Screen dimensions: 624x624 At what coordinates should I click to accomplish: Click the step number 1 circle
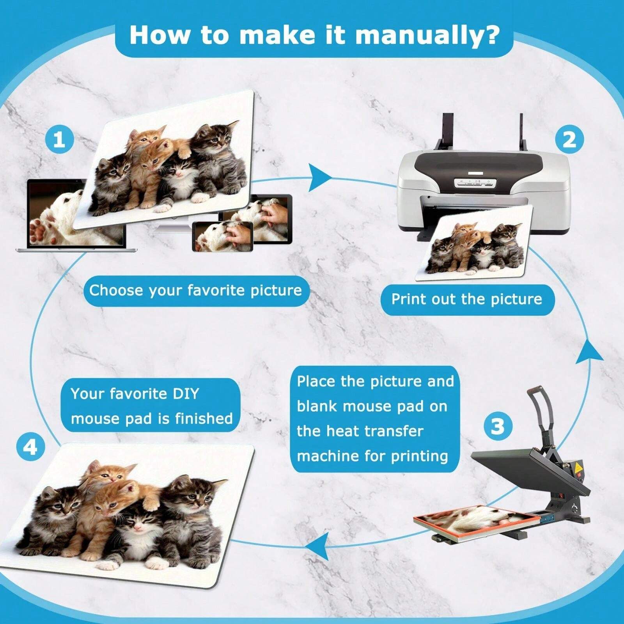click(x=59, y=139)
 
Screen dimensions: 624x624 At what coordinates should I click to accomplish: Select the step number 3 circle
click(x=498, y=426)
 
